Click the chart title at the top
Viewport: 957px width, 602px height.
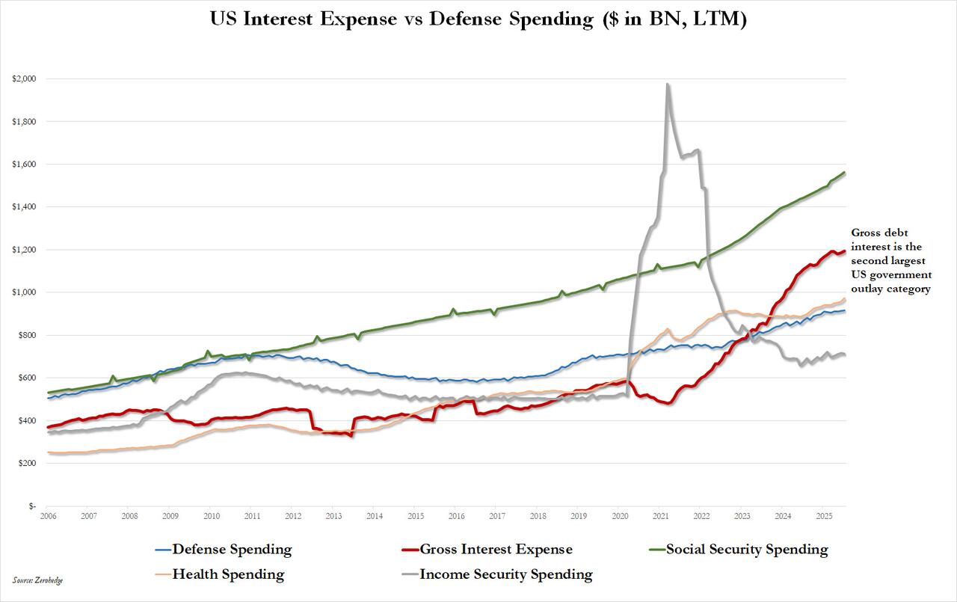pyautogui.click(x=478, y=20)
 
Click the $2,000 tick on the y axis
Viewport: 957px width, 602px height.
pyautogui.click(x=24, y=79)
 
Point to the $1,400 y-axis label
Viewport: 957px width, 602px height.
pyautogui.click(x=24, y=206)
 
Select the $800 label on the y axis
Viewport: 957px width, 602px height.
pyautogui.click(x=27, y=335)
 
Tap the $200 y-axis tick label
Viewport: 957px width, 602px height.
pyautogui.click(x=27, y=464)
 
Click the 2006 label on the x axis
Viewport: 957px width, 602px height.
pyautogui.click(x=48, y=516)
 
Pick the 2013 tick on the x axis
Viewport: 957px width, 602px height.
pyautogui.click(x=333, y=516)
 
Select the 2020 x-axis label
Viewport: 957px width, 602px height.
pyautogui.click(x=620, y=516)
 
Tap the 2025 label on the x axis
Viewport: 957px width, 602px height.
pyautogui.click(x=824, y=516)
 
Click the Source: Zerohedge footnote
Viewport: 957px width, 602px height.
pyautogui.click(x=37, y=580)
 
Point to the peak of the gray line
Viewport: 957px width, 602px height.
pyautogui.click(x=668, y=85)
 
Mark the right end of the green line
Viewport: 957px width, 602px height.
pyautogui.click(x=845, y=173)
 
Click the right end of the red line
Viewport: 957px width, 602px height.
pyautogui.click(x=845, y=251)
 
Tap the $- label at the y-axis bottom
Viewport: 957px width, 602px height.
pyautogui.click(x=31, y=506)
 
